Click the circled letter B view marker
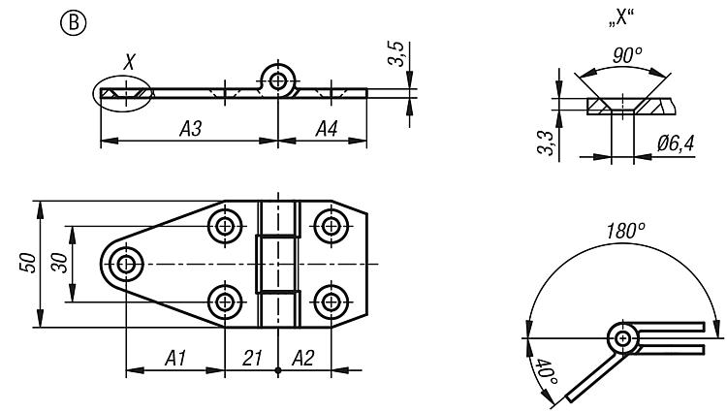74,23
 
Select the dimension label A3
191,128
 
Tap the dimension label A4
327,128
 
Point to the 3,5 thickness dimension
396,53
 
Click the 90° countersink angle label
627,55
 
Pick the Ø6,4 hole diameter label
676,143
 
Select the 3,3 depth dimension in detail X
545,143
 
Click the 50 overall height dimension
28,263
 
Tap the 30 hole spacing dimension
60,263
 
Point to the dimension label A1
175,359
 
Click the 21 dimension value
252,359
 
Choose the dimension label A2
303,359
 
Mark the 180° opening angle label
626,231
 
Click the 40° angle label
546,370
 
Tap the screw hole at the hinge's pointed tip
126,264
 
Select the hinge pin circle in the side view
278,81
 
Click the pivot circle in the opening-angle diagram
623,338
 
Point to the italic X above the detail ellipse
129,62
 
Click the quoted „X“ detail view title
621,19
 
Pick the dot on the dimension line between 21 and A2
278,370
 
